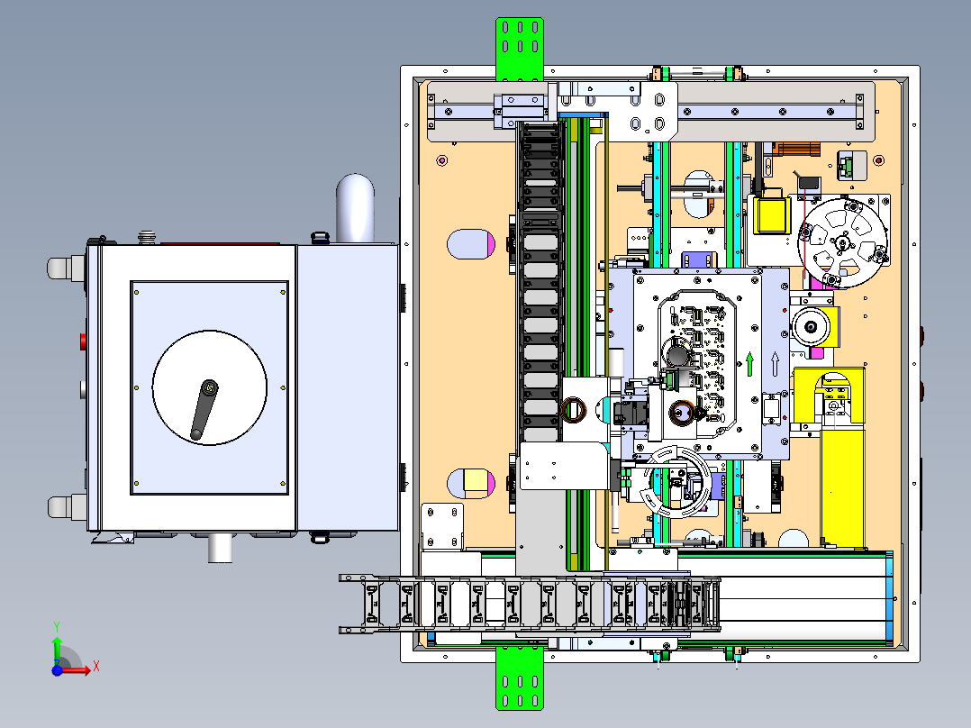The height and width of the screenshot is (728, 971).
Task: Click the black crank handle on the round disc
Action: coord(204,410)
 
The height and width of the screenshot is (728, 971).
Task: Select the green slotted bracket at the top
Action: coord(520,49)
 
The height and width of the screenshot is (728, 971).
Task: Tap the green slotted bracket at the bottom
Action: coord(520,678)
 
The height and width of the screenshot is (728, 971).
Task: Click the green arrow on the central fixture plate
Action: coord(750,364)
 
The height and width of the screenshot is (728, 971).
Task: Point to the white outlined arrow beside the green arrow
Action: coord(775,364)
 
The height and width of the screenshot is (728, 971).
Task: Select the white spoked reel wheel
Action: coord(842,243)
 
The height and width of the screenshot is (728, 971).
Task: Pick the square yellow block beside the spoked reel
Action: coord(772,215)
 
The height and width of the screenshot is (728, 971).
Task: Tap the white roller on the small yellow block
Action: coord(812,326)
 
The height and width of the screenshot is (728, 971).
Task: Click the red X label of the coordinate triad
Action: coord(96,667)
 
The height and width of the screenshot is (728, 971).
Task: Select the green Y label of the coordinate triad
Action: coord(57,626)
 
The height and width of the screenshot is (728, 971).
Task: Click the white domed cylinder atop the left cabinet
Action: coord(355,208)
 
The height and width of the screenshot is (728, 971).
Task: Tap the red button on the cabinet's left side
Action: coord(83,341)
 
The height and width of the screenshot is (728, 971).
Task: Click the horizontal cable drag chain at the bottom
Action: coord(530,604)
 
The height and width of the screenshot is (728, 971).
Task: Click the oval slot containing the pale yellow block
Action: coord(470,483)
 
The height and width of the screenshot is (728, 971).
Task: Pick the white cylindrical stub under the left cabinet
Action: coord(220,548)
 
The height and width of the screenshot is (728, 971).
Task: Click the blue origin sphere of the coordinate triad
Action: coord(57,669)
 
